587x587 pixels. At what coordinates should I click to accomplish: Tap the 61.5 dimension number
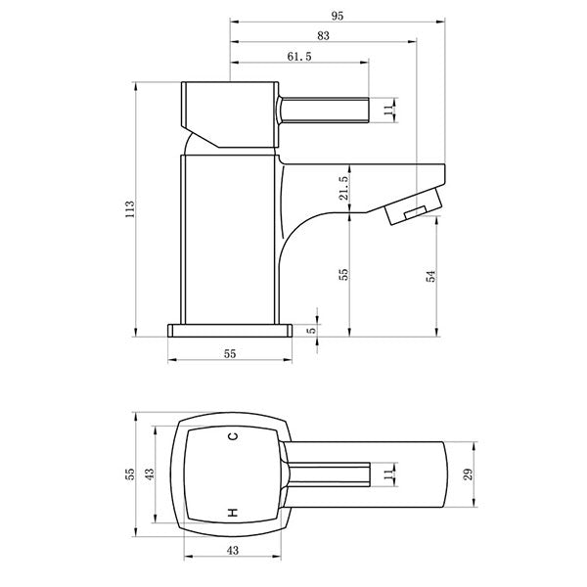(x=300, y=58)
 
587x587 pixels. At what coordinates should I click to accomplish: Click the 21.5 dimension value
(x=343, y=189)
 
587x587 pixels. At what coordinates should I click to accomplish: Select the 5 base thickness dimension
(x=313, y=332)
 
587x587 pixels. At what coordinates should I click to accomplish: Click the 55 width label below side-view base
(x=231, y=354)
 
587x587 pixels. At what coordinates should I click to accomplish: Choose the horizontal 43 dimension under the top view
(x=232, y=551)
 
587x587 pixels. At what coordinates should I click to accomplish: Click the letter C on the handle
(x=232, y=437)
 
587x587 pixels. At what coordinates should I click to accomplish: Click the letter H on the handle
(x=232, y=512)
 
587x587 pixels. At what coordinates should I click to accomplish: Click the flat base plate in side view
(x=231, y=331)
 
